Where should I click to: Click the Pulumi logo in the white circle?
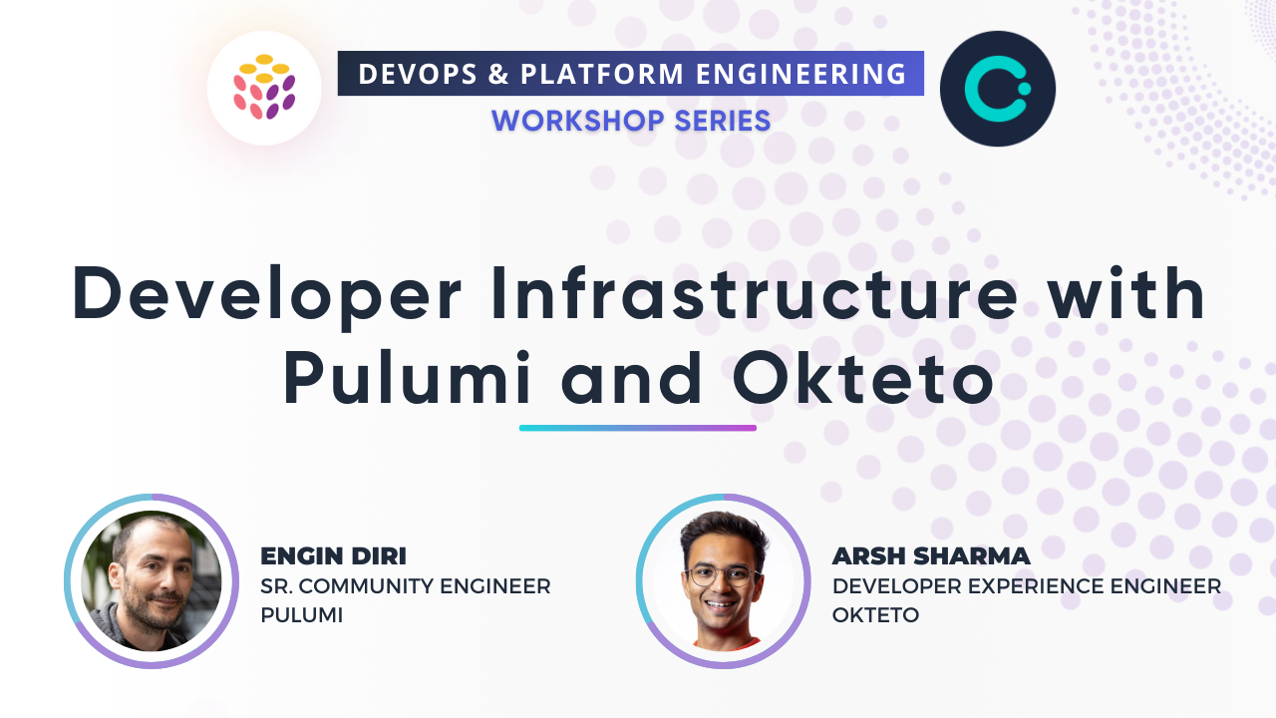pyautogui.click(x=264, y=88)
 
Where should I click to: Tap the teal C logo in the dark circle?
pyautogui.click(x=997, y=89)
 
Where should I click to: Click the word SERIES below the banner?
pyautogui.click(x=720, y=121)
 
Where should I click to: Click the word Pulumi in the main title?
pyautogui.click(x=409, y=380)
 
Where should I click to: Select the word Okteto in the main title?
pyautogui.click(x=863, y=380)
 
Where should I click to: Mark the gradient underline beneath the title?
pyautogui.click(x=638, y=428)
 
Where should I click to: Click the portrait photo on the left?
pyautogui.click(x=152, y=581)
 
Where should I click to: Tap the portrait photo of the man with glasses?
pyautogui.click(x=724, y=581)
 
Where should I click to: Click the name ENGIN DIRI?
pyautogui.click(x=333, y=556)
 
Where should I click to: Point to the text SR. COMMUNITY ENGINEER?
pyautogui.click(x=406, y=586)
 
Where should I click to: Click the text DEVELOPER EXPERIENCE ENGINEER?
pyautogui.click(x=1027, y=586)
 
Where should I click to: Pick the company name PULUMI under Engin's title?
pyautogui.click(x=301, y=615)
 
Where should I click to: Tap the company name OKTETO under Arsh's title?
pyautogui.click(x=875, y=615)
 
